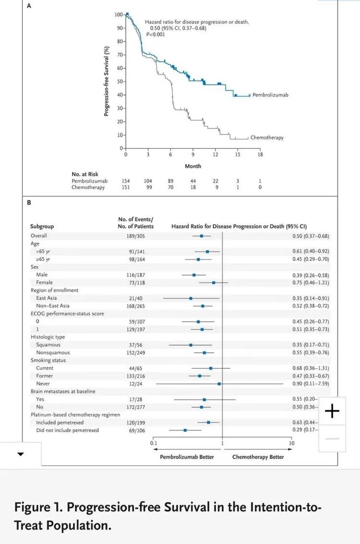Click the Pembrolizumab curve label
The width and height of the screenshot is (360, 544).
click(x=270, y=95)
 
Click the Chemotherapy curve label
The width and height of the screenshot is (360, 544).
click(x=267, y=138)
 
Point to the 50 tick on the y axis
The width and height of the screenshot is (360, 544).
click(x=120, y=81)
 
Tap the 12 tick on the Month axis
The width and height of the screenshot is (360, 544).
click(x=215, y=155)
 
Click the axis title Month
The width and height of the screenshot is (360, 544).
click(x=193, y=166)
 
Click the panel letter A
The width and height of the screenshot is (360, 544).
click(x=29, y=7)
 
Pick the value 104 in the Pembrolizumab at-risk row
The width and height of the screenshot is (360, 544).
click(x=148, y=181)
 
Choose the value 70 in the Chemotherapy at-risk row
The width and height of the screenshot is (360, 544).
click(x=171, y=188)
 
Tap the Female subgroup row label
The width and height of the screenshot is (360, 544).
click(x=44, y=283)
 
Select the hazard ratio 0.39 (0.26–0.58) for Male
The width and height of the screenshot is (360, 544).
click(x=311, y=275)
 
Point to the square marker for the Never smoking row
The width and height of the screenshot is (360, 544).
click(x=219, y=384)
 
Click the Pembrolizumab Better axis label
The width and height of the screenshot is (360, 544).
click(x=187, y=457)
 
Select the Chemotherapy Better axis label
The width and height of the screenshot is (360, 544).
click(x=258, y=457)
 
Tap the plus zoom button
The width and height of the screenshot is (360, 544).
click(x=332, y=411)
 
